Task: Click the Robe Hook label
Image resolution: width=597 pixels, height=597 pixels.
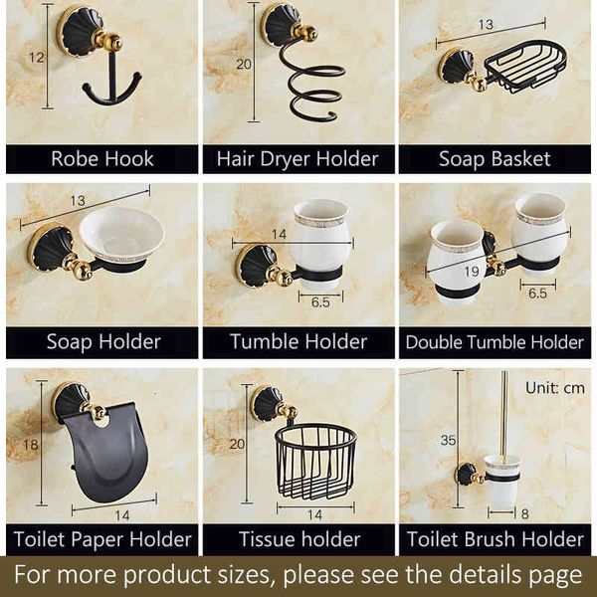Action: coord(101,159)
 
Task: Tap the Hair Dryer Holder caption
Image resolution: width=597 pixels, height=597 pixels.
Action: coord(298,159)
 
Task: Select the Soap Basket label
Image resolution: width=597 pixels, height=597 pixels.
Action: coord(495,159)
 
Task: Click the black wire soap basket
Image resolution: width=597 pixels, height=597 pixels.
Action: coord(525,66)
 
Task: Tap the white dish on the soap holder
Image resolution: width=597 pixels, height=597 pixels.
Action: coord(121,236)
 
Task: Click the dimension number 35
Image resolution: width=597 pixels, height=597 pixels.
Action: coord(450,439)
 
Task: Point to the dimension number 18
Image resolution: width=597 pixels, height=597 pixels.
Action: coord(31,445)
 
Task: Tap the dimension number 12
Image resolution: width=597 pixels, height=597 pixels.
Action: coord(36,58)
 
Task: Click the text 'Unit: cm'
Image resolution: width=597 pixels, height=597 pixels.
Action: coord(555,387)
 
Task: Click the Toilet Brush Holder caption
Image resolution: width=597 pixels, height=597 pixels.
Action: coord(495,540)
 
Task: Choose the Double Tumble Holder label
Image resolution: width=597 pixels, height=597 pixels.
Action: coord(495,342)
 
